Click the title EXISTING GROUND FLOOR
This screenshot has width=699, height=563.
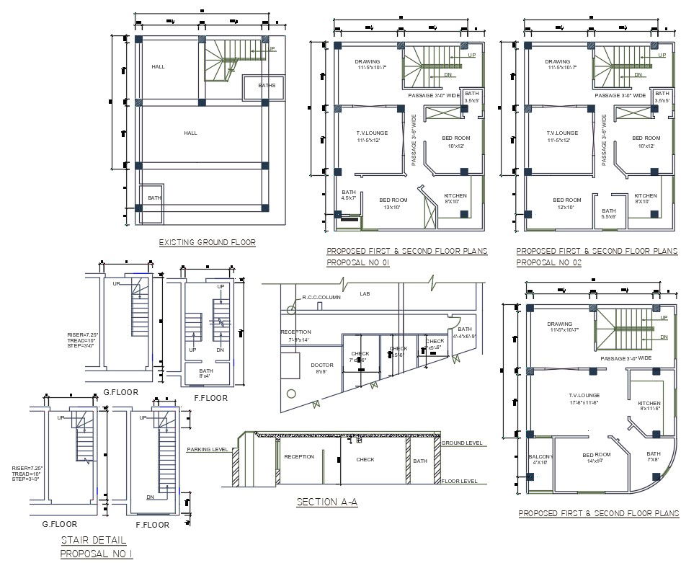point(207,243)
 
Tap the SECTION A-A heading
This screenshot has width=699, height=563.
point(327,502)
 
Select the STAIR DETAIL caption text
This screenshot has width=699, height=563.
point(93,540)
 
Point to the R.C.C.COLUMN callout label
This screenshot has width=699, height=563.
point(321,297)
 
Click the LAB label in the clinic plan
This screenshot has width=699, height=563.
point(365,294)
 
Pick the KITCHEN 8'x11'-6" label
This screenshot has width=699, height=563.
point(651,405)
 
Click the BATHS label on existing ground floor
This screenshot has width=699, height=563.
point(267,86)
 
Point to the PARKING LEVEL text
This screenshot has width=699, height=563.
point(208,449)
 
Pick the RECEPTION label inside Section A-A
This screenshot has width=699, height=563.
point(298,457)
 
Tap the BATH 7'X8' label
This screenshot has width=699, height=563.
point(654,456)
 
